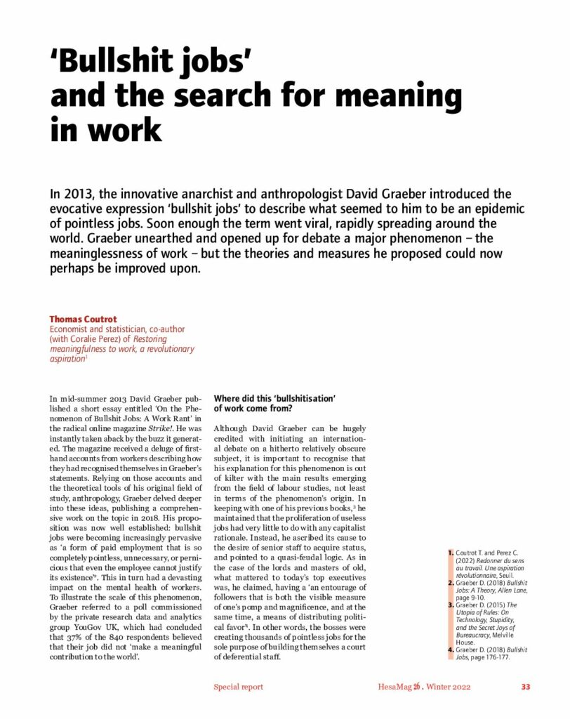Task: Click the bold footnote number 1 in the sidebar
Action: pos(451,553)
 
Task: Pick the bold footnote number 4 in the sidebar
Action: pos(451,650)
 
